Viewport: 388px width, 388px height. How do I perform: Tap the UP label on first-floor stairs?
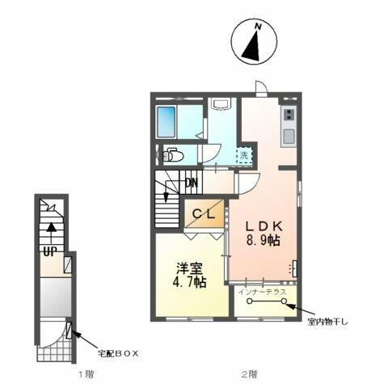coord(48,251)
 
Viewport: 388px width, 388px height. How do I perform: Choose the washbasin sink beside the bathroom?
coord(221,106)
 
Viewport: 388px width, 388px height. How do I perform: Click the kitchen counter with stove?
coord(289,125)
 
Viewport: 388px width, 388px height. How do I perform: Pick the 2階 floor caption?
coord(250,374)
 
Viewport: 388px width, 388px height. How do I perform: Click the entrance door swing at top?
coord(261,87)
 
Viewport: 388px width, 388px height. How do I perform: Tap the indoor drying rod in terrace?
coord(268,302)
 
